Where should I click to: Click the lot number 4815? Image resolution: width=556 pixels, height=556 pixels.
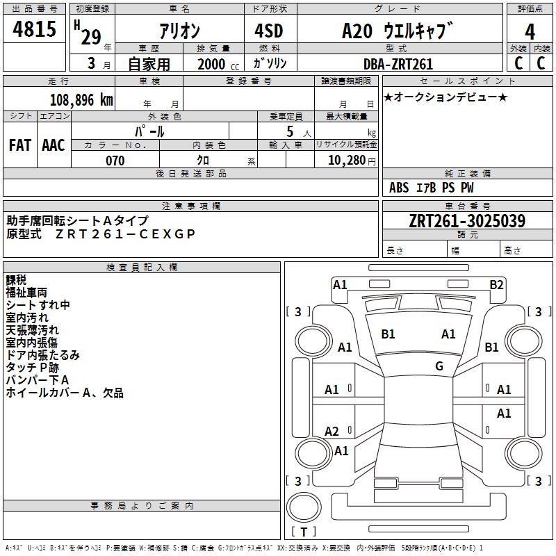35,29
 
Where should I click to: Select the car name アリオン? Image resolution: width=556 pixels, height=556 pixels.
179,31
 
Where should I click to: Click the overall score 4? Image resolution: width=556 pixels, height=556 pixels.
530,32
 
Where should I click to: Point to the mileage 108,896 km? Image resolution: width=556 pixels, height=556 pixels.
81,100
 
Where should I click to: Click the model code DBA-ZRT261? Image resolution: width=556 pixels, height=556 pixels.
398,65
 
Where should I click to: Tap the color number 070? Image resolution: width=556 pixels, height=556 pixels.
115,161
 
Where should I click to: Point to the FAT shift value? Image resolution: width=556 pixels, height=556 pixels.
19,145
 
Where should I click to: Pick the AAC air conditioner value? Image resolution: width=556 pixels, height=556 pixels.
54,145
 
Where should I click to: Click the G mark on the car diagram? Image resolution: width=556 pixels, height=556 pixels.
439,366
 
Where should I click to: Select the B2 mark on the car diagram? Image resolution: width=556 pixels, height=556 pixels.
496,284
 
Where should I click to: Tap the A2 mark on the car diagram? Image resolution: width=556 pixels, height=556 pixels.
332,432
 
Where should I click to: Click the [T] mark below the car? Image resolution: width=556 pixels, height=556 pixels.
304,532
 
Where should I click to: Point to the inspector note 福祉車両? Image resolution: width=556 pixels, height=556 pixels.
27,293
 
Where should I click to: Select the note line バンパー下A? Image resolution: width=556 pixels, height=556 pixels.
38,380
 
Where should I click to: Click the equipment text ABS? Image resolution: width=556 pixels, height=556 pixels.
399,188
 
